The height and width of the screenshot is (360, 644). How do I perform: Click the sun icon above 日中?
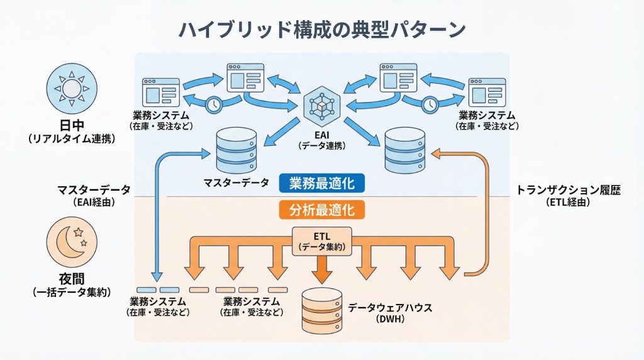tap(72, 89)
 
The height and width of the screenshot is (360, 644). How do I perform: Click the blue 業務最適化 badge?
tap(322, 183)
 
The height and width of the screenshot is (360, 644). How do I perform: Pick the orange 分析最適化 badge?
tap(322, 208)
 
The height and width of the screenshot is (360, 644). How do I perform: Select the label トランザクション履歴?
tap(568, 190)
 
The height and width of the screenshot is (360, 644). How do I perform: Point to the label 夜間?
tap(71, 280)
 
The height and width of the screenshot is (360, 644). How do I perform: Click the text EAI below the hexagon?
tap(321, 134)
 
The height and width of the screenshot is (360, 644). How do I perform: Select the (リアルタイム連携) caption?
tap(71, 138)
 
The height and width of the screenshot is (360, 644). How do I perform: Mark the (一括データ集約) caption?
tap(71, 292)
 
